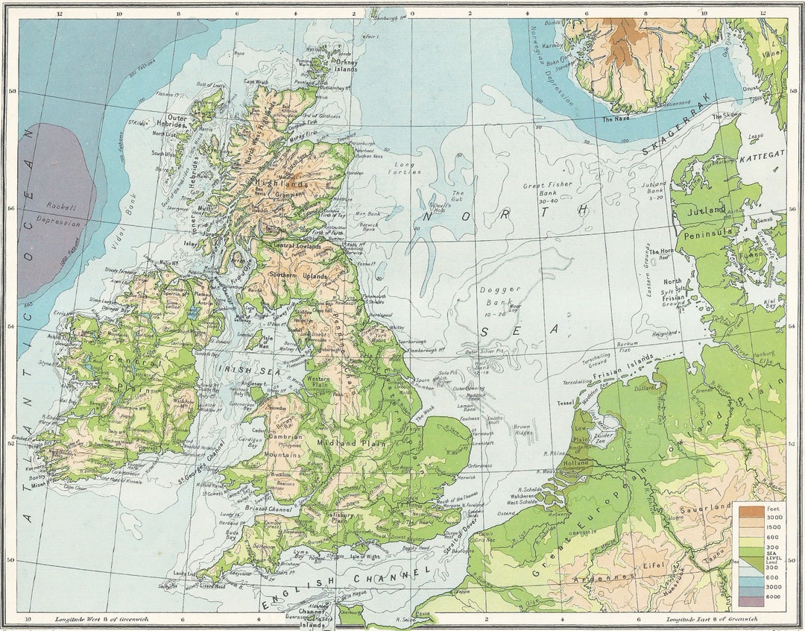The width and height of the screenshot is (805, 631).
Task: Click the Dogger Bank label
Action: (x=493, y=295)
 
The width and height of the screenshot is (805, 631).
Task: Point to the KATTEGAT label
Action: (x=762, y=152)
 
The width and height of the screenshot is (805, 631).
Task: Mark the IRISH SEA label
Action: (x=239, y=368)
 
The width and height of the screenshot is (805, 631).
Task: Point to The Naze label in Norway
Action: (x=618, y=119)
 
